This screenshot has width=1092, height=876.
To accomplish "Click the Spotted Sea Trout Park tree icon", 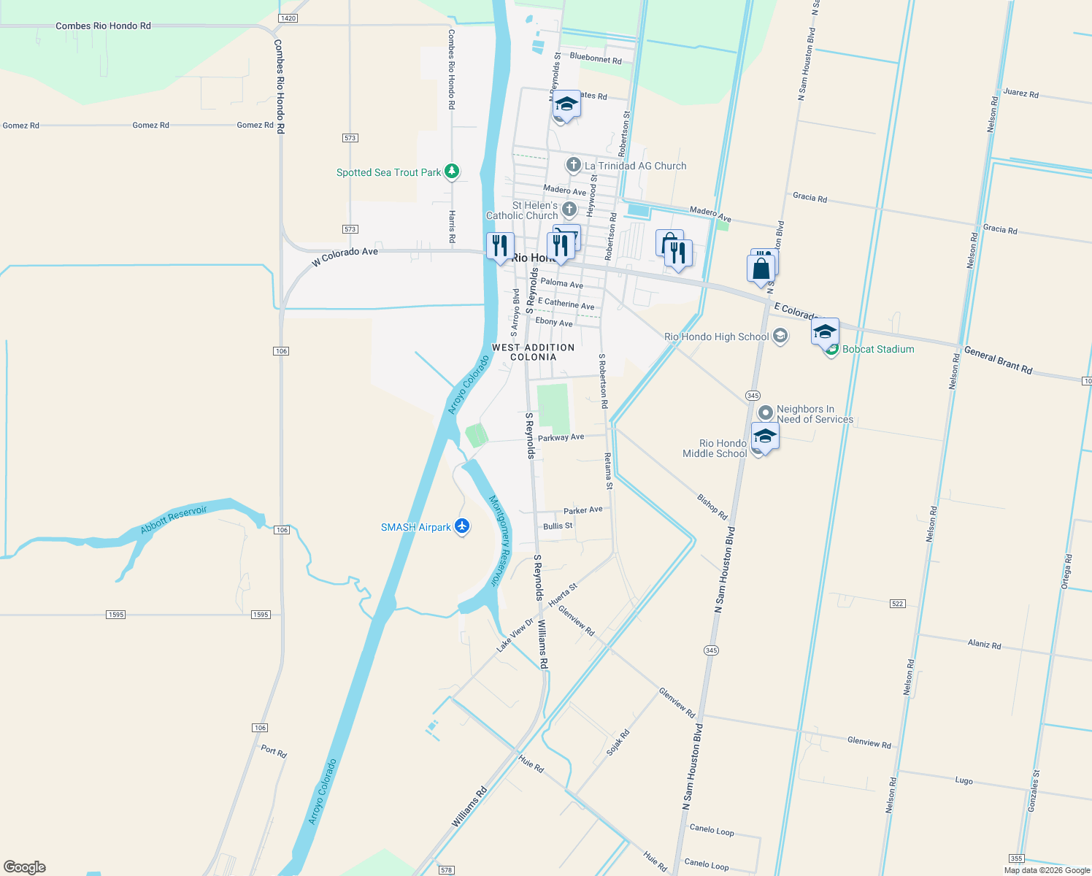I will pyautogui.click(x=452, y=172).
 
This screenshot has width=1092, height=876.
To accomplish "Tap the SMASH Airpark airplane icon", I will pyautogui.click(x=461, y=526).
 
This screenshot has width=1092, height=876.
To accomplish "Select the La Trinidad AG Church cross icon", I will pyautogui.click(x=574, y=165).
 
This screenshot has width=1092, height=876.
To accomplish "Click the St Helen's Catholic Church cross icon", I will pyautogui.click(x=569, y=210).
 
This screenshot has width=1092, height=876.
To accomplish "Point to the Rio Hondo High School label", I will pyautogui.click(x=716, y=337).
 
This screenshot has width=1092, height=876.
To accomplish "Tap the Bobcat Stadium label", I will pyautogui.click(x=878, y=349).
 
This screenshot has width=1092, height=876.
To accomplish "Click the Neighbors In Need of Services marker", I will pyautogui.click(x=765, y=412).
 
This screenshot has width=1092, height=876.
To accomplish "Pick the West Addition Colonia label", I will pyautogui.click(x=534, y=352).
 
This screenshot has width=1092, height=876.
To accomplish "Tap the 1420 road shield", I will pyautogui.click(x=288, y=18).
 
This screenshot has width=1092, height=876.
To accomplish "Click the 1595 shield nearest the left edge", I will pyautogui.click(x=116, y=615).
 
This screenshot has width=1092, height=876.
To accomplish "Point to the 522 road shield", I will pyautogui.click(x=898, y=604).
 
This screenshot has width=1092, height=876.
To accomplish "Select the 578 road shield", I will pyautogui.click(x=447, y=869).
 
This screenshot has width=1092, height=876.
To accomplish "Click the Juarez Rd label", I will pyautogui.click(x=1020, y=93).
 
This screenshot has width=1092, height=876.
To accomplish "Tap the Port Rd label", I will pyautogui.click(x=274, y=751).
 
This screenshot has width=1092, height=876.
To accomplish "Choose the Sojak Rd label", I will pyautogui.click(x=618, y=742).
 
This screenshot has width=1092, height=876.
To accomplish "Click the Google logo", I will pyautogui.click(x=25, y=867).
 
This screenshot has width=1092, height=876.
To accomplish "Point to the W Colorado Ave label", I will pyautogui.click(x=345, y=255).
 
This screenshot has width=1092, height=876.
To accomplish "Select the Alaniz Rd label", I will pyautogui.click(x=984, y=645).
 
